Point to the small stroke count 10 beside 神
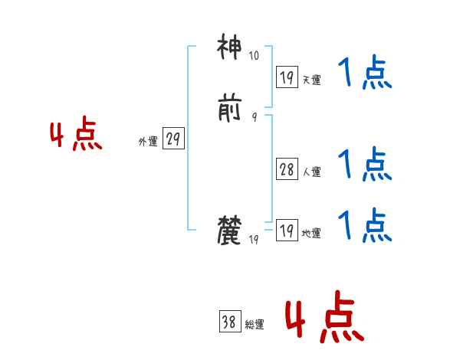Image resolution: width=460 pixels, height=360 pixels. (254, 56)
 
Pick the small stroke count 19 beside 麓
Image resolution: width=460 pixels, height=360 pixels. (254, 240)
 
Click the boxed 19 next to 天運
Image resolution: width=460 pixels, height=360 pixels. (287, 77)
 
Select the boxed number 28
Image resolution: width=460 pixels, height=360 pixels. (287, 169)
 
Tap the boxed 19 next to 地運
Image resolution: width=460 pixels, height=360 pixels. (287, 231)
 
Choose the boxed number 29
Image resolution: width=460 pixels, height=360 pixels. (173, 139)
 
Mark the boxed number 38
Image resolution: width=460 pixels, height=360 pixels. (228, 322)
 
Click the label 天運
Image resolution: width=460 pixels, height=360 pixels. (311, 80)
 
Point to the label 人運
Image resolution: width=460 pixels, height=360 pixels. (311, 172)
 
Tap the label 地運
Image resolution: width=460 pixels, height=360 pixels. (311, 234)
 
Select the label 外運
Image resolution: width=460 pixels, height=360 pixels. (148, 142)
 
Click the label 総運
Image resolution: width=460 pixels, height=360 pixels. (254, 325)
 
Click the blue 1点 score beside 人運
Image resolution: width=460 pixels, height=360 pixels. (364, 164)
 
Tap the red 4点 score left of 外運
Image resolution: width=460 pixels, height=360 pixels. (76, 136)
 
